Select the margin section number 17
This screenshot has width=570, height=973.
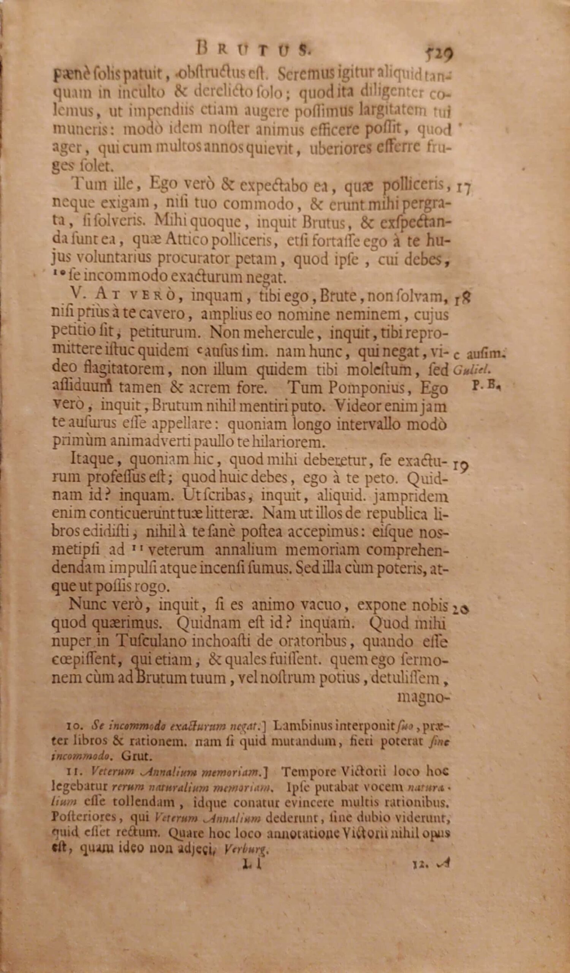pyautogui.click(x=463, y=188)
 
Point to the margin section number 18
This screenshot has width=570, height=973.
pyautogui.click(x=463, y=298)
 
